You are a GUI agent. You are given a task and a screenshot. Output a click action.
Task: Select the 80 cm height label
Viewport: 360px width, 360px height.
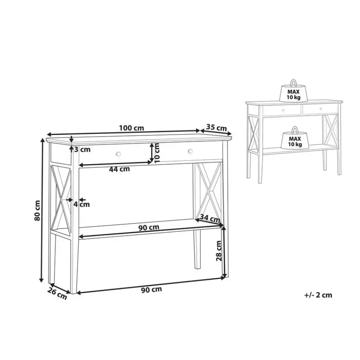(x=37, y=210)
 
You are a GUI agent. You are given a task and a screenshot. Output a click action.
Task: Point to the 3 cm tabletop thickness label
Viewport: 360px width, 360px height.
(x=82, y=150)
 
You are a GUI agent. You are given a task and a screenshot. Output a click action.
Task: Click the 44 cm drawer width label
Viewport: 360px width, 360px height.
(x=119, y=169)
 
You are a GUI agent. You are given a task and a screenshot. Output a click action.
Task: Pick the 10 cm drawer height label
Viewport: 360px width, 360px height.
(x=157, y=153)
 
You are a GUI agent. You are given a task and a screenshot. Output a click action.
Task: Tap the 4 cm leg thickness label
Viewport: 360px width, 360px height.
(x=82, y=204)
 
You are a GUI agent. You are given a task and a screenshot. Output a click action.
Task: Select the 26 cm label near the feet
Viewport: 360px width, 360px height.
(x=57, y=294)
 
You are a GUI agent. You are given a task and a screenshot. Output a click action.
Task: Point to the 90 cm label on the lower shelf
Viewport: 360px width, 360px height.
(x=149, y=228)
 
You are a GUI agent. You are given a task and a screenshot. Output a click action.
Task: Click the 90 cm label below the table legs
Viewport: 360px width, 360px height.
(x=151, y=290)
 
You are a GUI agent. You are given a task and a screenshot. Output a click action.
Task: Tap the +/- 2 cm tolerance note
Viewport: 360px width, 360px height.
(x=318, y=295)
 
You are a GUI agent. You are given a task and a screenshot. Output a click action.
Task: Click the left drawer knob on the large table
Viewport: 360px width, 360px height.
(x=118, y=154)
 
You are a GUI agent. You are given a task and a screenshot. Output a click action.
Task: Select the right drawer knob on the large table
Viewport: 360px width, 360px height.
(x=190, y=151)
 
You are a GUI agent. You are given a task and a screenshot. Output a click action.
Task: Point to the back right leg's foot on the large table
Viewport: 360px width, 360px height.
(x=197, y=267)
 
